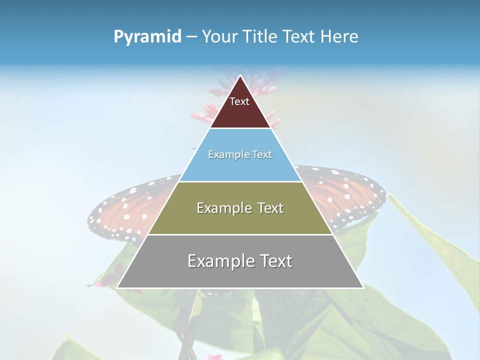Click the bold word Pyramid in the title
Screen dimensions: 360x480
[147, 37]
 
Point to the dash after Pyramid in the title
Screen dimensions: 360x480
[191, 37]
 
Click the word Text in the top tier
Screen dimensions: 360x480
[239, 101]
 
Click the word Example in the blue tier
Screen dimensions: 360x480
[224, 155]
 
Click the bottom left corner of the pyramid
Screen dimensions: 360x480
[117, 287]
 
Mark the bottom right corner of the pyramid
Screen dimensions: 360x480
[363, 287]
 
